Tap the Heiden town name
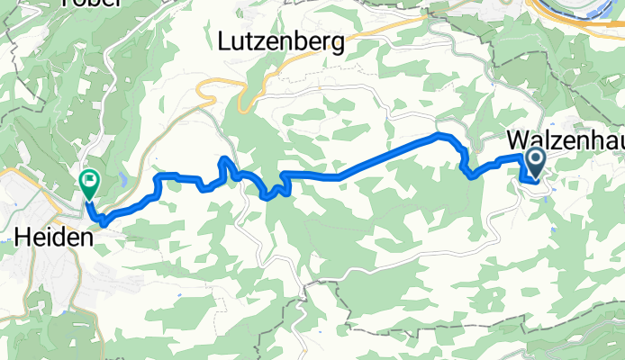(x=55, y=238)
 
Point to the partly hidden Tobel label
(x=91, y=3)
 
